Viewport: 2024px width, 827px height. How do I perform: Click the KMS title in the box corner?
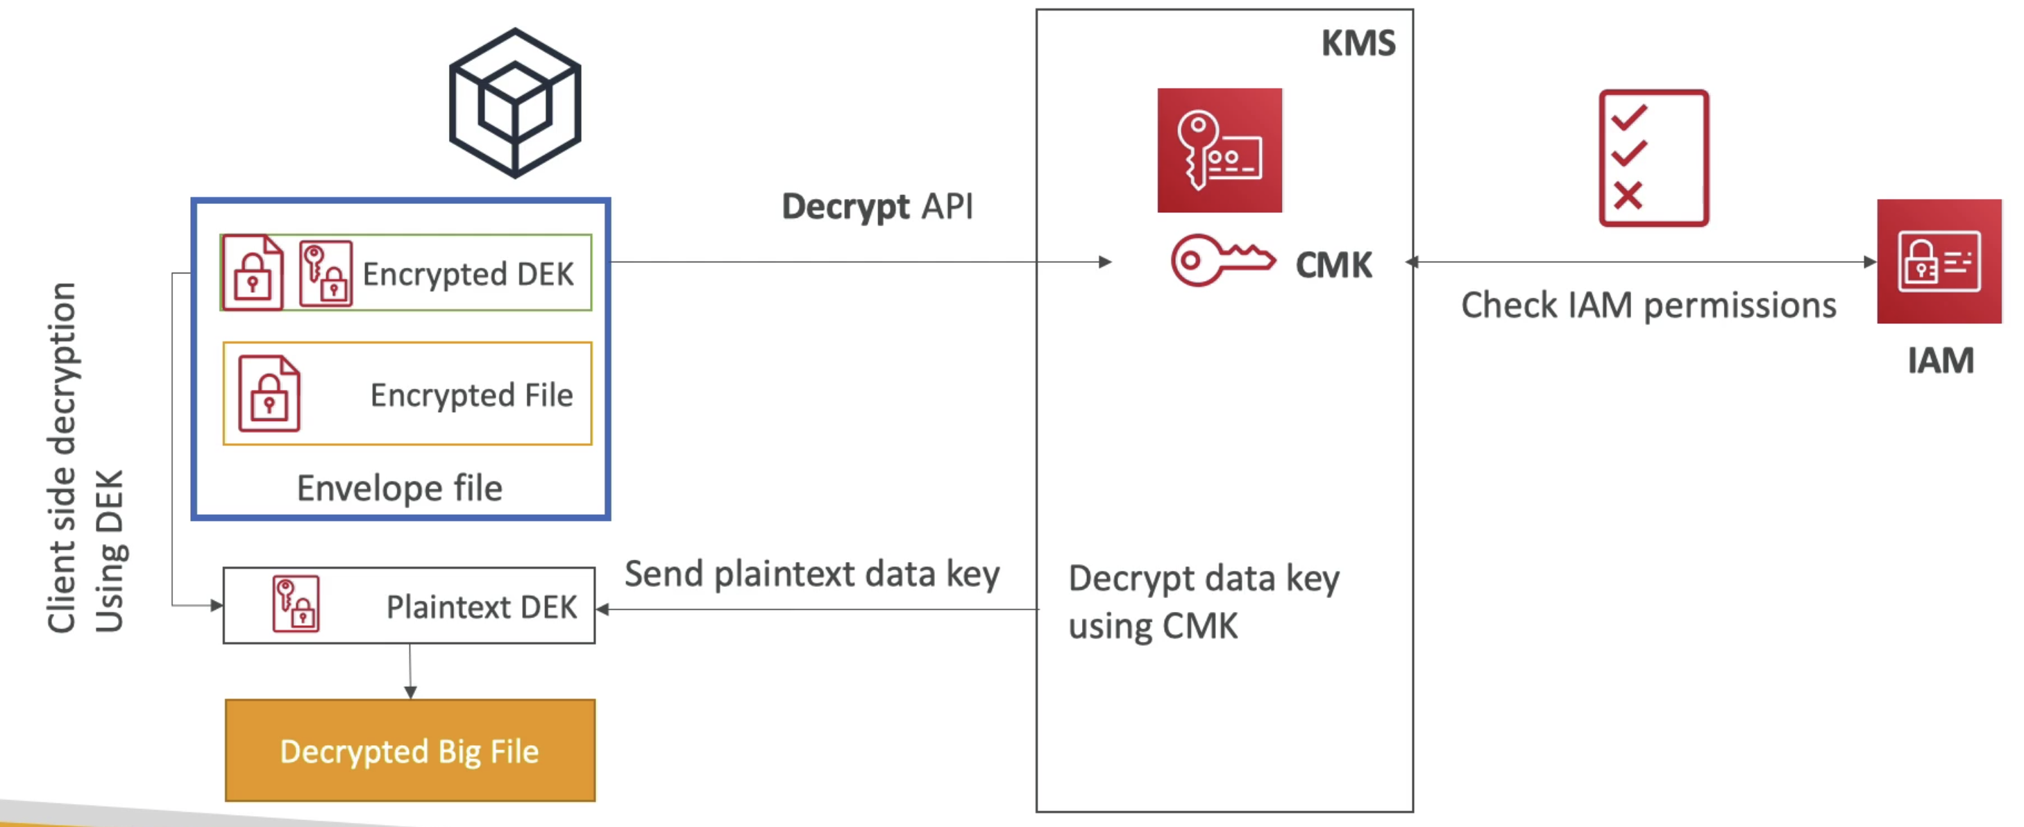(x=1358, y=42)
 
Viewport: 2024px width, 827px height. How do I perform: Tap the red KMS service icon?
(x=1220, y=150)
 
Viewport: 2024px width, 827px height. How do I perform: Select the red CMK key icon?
(x=1222, y=261)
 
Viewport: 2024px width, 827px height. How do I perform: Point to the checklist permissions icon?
(x=1654, y=158)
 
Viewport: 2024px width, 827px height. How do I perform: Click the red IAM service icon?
(x=1939, y=262)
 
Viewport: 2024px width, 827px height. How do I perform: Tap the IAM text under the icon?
(x=1940, y=361)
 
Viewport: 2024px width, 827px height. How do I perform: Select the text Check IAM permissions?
(x=1648, y=305)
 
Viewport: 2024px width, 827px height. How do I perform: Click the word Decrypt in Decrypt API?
(x=845, y=207)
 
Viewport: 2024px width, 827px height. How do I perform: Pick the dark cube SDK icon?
(x=514, y=103)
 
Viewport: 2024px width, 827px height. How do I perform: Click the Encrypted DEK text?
(x=468, y=274)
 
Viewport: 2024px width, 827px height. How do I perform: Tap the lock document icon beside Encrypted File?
(x=269, y=393)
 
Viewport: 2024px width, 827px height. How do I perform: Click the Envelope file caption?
(x=399, y=488)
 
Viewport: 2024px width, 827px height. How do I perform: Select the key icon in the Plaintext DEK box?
(x=296, y=604)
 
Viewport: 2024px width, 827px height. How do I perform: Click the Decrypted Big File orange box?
(x=410, y=750)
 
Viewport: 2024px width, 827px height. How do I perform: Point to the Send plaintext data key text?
(x=811, y=574)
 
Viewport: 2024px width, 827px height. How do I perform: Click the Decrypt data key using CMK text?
(x=1204, y=602)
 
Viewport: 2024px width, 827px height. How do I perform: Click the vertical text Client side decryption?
(x=61, y=457)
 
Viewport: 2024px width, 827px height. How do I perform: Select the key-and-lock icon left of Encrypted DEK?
(x=326, y=273)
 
